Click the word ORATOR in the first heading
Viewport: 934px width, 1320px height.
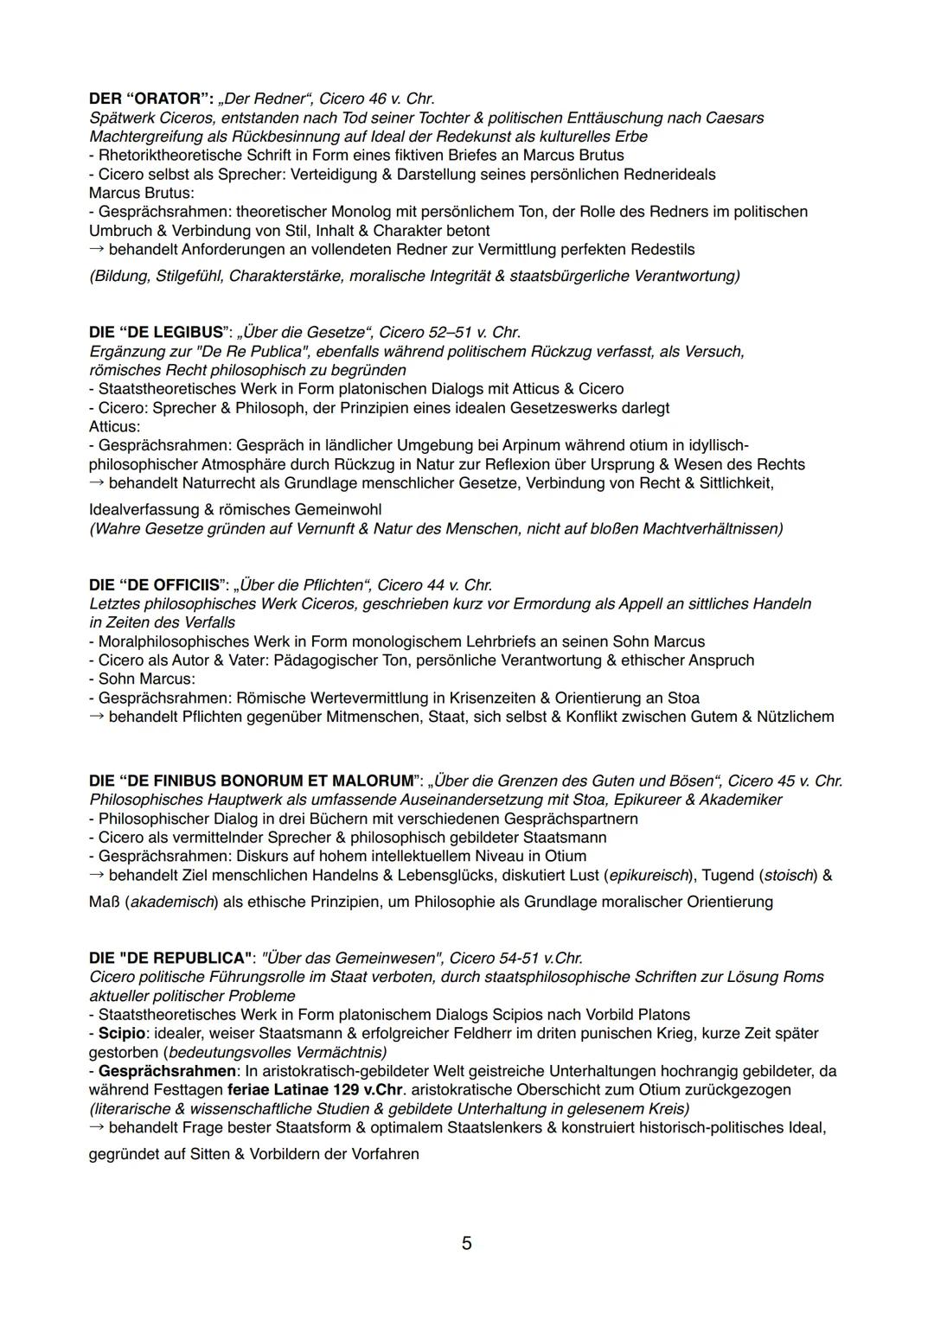(x=163, y=99)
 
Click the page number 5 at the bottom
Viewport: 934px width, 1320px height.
(x=467, y=1243)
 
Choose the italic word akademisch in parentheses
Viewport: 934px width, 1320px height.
(x=171, y=902)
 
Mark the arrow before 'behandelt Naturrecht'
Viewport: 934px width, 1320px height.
(x=98, y=483)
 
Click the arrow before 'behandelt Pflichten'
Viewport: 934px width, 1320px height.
(x=98, y=717)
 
